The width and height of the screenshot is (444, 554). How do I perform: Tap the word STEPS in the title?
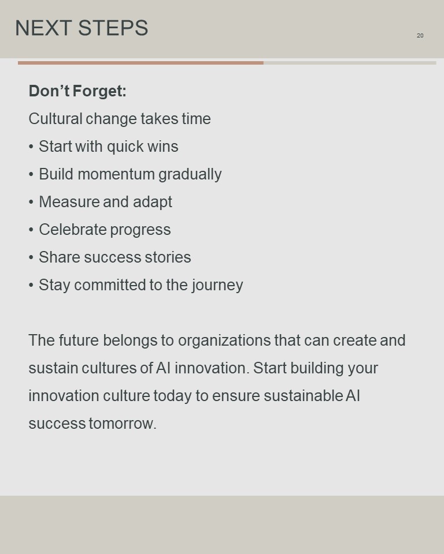tap(113, 28)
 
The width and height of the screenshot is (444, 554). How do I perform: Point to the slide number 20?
tap(420, 35)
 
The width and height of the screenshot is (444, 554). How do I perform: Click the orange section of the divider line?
tap(140, 63)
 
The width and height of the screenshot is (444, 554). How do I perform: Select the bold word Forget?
tap(99, 91)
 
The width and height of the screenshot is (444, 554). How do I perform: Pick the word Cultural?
tap(55, 119)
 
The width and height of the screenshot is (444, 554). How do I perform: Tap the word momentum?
tap(116, 174)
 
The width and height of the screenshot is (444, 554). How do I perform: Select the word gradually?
tap(190, 174)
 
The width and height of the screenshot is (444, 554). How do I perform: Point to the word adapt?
tap(152, 203)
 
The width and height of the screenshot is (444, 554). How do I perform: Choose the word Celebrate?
tap(73, 230)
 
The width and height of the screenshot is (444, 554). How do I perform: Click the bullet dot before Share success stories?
tap(31, 257)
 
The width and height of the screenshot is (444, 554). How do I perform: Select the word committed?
tap(109, 285)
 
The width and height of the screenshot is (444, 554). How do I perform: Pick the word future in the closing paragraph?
tap(79, 340)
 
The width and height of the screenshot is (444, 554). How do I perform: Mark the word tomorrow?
tap(123, 423)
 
